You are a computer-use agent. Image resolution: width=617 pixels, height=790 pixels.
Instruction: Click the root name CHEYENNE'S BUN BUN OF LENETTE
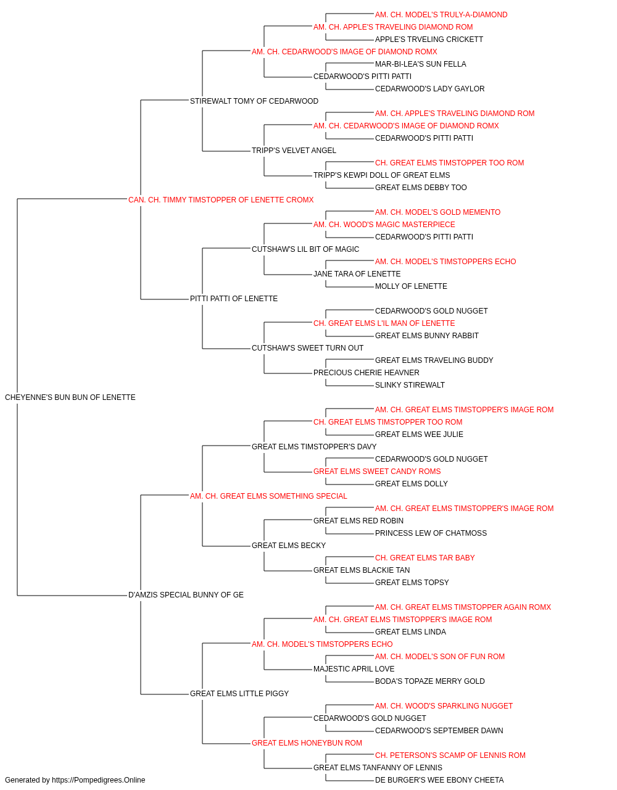(x=70, y=397)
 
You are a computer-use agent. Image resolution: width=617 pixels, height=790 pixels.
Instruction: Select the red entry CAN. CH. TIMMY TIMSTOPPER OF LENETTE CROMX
(x=221, y=200)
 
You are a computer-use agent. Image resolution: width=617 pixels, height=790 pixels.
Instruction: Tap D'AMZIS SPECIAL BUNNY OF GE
(x=186, y=595)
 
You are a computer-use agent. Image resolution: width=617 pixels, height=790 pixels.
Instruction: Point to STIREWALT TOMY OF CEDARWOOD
(x=254, y=101)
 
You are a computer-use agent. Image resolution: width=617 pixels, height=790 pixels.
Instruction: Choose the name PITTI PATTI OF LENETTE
(x=234, y=299)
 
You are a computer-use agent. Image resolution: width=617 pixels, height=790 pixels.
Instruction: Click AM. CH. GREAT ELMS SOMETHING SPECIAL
(x=268, y=496)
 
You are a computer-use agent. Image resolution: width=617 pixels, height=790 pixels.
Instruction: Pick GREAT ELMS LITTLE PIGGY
(x=239, y=694)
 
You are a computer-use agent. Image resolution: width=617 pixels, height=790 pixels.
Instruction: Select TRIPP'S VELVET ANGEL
(x=294, y=151)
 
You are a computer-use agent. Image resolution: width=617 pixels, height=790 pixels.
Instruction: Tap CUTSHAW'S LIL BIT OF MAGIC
(x=305, y=249)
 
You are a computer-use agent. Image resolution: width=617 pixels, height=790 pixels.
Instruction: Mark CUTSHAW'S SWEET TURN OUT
(x=307, y=348)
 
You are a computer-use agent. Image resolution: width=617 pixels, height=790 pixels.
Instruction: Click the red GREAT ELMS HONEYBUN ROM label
(x=307, y=743)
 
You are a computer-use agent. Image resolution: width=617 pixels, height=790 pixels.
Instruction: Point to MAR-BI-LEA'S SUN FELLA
(x=420, y=64)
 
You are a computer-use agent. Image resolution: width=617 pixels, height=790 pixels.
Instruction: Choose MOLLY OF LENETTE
(x=411, y=286)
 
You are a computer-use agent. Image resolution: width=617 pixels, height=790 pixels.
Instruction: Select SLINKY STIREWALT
(x=410, y=385)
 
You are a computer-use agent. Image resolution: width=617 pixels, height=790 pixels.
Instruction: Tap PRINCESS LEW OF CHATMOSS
(x=431, y=533)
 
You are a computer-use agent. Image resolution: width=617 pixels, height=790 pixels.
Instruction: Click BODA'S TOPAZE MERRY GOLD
(x=430, y=681)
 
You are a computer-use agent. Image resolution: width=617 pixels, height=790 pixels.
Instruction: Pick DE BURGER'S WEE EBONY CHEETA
(x=439, y=780)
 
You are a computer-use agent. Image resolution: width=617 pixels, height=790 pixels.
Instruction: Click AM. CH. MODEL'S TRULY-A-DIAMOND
(x=441, y=15)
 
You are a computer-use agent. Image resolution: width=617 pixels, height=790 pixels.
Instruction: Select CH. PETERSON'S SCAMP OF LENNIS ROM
(x=450, y=755)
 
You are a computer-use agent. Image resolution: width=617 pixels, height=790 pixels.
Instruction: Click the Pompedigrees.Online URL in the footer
(x=99, y=780)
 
